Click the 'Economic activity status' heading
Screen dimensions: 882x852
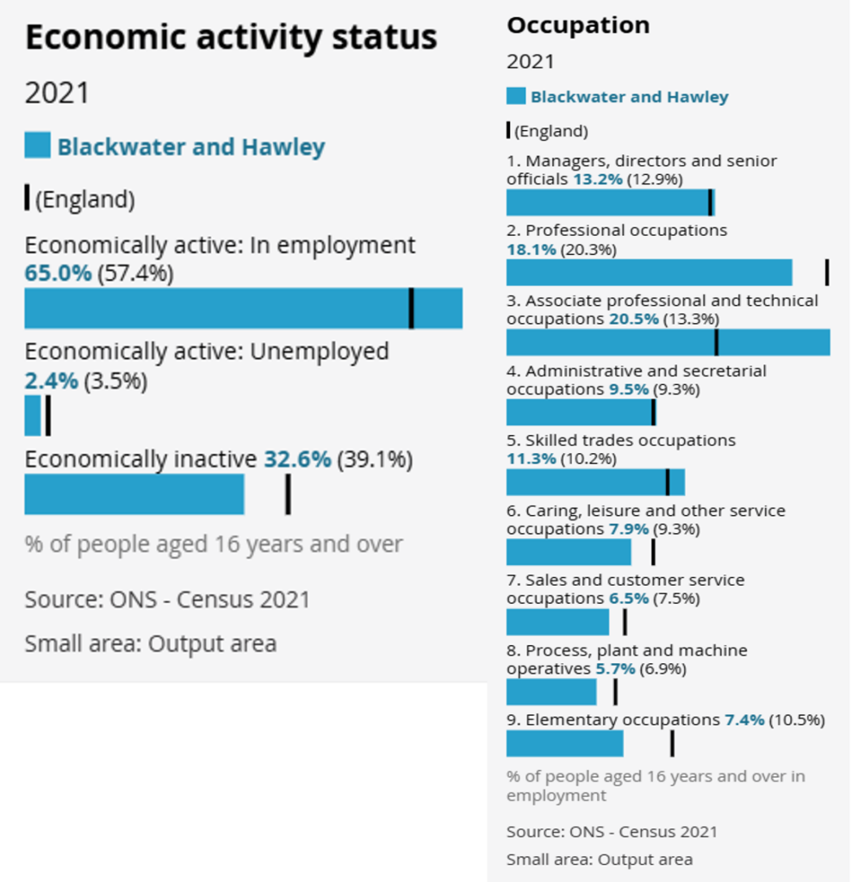pyautogui.click(x=231, y=38)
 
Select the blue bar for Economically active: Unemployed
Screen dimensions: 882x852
pyautogui.click(x=33, y=415)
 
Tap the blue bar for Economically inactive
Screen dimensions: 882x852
pyautogui.click(x=134, y=494)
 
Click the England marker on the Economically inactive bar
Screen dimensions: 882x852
pyautogui.click(x=288, y=494)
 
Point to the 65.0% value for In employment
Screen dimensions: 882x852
pyautogui.click(x=58, y=274)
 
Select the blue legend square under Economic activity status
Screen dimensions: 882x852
pyautogui.click(x=37, y=146)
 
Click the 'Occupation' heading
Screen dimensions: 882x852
pyautogui.click(x=578, y=26)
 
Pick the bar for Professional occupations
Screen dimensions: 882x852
pyautogui.click(x=649, y=272)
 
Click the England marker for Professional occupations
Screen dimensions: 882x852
pyautogui.click(x=827, y=272)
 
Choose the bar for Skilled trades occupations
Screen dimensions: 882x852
pyautogui.click(x=595, y=482)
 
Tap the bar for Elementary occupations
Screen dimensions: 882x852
pyautogui.click(x=564, y=743)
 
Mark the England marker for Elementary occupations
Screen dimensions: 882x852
pyautogui.click(x=672, y=743)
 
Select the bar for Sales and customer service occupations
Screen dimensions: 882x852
pyautogui.click(x=557, y=622)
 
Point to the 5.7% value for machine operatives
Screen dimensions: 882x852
pyautogui.click(x=615, y=668)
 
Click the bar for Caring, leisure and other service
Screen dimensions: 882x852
pyautogui.click(x=569, y=552)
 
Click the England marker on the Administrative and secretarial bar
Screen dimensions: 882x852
pyautogui.click(x=653, y=413)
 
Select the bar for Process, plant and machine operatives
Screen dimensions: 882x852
pyautogui.click(x=551, y=692)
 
